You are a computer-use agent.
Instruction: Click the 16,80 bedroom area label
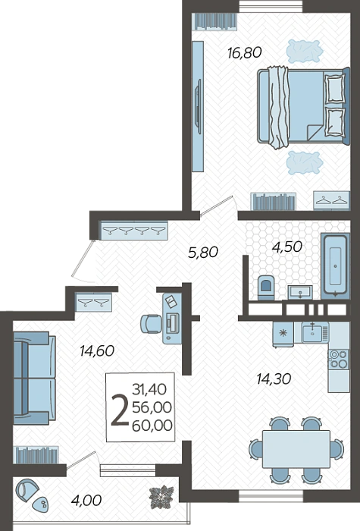tap(245, 53)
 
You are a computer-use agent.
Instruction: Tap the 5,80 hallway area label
tap(203, 253)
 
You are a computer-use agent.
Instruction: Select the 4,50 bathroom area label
tap(287, 247)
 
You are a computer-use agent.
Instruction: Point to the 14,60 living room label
tap(97, 350)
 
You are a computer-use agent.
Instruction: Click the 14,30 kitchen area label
tap(274, 379)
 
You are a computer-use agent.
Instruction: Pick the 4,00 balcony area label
tap(86, 500)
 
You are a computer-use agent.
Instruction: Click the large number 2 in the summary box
tap(120, 410)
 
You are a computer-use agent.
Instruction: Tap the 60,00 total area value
tap(152, 426)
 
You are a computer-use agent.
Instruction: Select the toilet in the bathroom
tap(266, 287)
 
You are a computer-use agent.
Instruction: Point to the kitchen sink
tap(312, 333)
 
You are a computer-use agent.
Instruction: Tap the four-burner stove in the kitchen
tap(339, 359)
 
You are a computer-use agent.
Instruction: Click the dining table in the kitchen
tap(296, 449)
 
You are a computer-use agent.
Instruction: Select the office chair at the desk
tap(151, 324)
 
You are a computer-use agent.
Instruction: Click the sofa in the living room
tap(35, 378)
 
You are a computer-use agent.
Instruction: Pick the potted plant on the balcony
tap(162, 497)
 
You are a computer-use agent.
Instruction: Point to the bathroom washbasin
tap(300, 291)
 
